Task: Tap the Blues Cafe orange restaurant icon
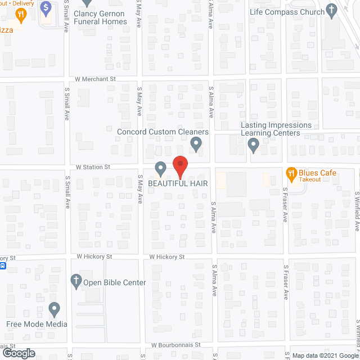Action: pyautogui.click(x=291, y=173)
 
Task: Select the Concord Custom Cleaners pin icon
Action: pyautogui.click(x=196, y=144)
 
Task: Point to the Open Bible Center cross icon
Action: pyautogui.click(x=76, y=281)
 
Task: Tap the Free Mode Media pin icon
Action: pyautogui.click(x=54, y=309)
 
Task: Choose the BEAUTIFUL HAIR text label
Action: pyautogui.click(x=178, y=183)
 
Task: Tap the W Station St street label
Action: pyautogui.click(x=93, y=167)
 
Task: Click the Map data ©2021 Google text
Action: pyautogui.click(x=325, y=355)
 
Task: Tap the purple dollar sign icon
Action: pyautogui.click(x=46, y=8)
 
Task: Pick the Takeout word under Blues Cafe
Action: pyautogui.click(x=310, y=179)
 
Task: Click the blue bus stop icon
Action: pyautogui.click(x=2, y=265)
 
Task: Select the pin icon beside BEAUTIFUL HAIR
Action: pyautogui.click(x=160, y=168)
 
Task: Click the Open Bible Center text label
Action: pyautogui.click(x=114, y=282)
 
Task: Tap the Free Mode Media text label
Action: pyautogui.click(x=37, y=324)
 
